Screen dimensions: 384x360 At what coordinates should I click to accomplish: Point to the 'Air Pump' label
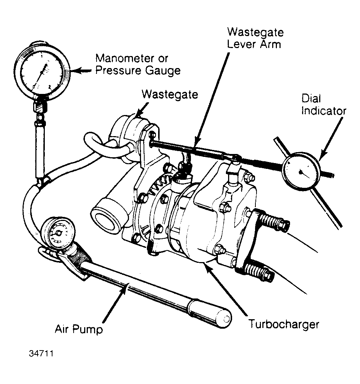(78, 330)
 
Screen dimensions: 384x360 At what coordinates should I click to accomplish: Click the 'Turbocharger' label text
(283, 324)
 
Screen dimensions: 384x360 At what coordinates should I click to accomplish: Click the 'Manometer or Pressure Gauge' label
(138, 64)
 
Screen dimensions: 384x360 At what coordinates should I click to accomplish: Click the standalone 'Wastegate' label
(170, 94)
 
